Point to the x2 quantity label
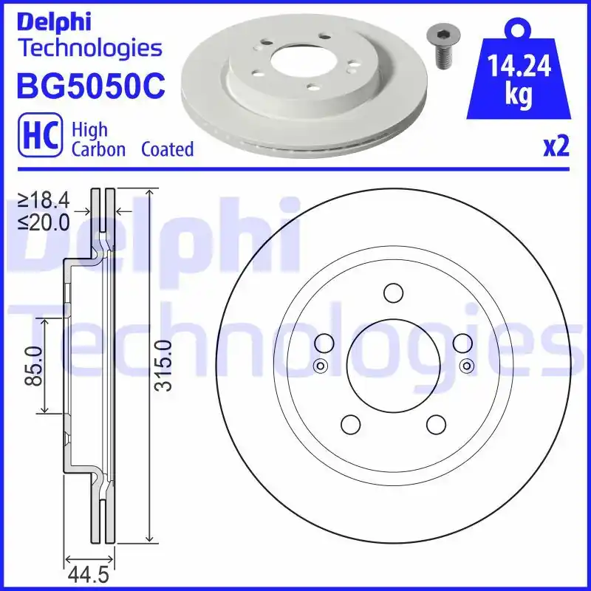[x=556, y=147]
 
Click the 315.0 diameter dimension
[x=164, y=365]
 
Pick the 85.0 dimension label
[x=33, y=366]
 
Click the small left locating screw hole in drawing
[x=320, y=366]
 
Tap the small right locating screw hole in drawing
[x=465, y=366]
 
